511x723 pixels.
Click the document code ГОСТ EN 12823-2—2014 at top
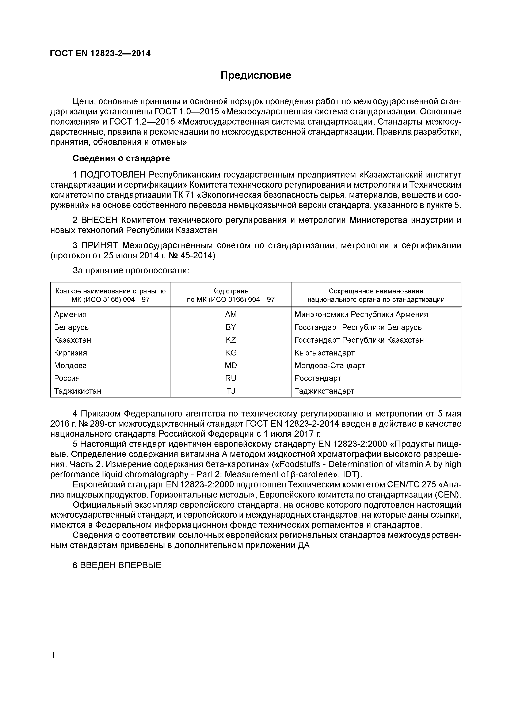pos(100,54)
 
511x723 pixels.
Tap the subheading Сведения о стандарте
pos(121,158)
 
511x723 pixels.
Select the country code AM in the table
pos(230,315)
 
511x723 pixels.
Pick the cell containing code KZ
pos(230,340)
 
